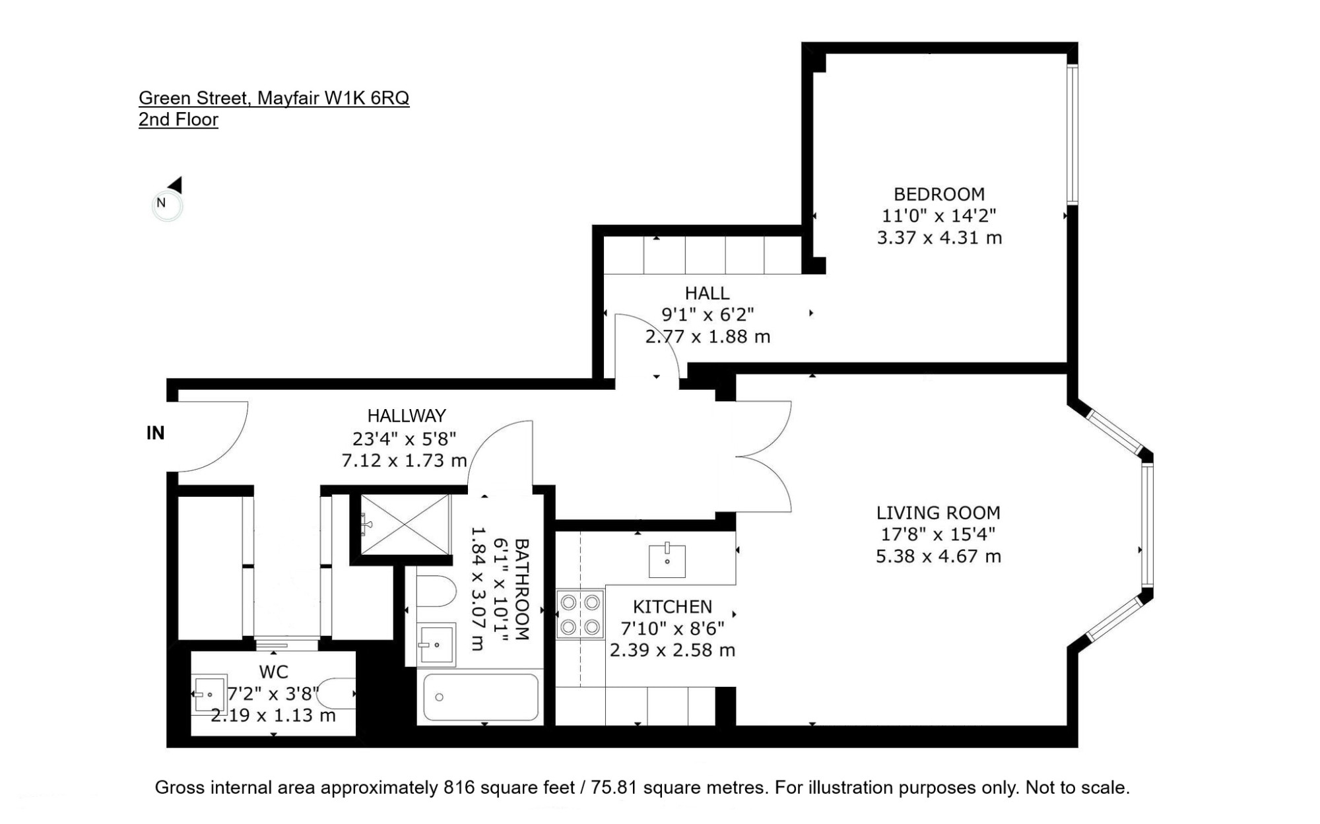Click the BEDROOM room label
point(939,195)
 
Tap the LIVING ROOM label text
point(938,513)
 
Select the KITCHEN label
point(673,607)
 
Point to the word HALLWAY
point(407,416)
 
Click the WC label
point(274,672)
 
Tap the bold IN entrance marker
point(155,433)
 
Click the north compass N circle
point(167,205)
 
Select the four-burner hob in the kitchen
point(580,614)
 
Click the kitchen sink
point(667,559)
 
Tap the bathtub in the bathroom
point(480,697)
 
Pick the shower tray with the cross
point(405,524)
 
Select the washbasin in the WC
point(209,694)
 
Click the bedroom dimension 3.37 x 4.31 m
point(939,238)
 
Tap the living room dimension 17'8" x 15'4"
point(938,534)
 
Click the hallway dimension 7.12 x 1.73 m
point(404,460)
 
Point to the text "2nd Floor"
point(178,119)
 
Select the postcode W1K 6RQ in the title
point(366,98)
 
